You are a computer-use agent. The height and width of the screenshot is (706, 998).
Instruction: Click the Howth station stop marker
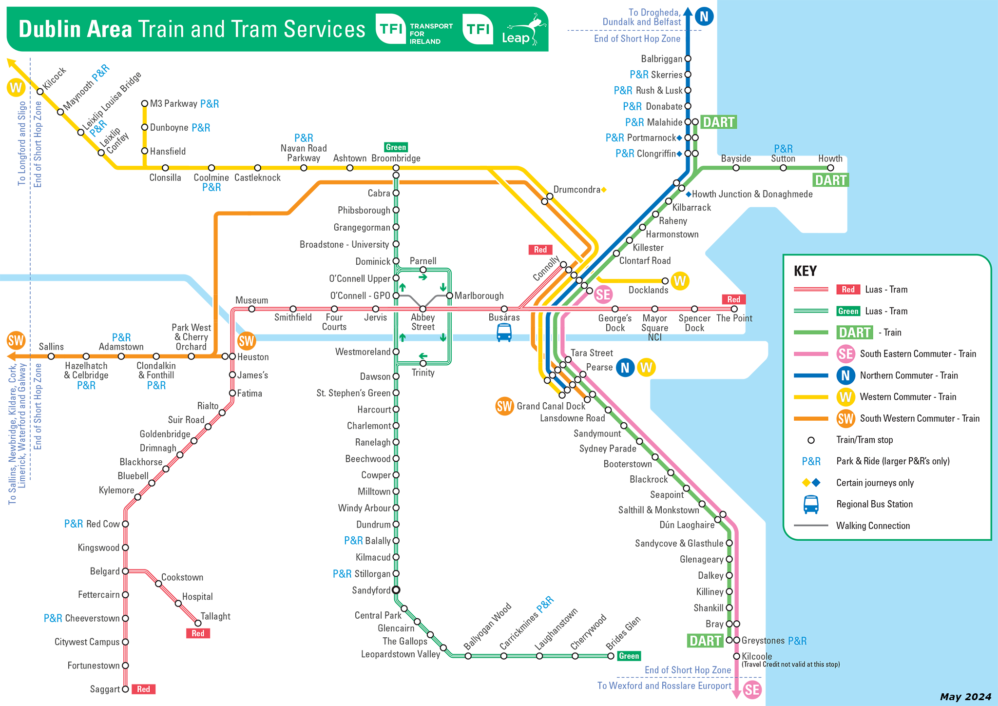coord(830,168)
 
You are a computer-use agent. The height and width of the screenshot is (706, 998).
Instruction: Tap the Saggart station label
coord(105,689)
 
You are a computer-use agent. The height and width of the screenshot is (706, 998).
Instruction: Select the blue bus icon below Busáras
coord(504,333)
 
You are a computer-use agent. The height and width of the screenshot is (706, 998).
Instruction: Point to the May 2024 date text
coord(965,697)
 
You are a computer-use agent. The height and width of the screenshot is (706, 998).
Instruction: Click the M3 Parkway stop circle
coord(145,103)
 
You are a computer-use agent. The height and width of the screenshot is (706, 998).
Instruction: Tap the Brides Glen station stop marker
coord(611,656)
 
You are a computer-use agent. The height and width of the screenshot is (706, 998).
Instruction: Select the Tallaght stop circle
coord(198,623)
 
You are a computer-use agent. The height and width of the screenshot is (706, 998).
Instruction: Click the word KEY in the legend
coord(805,271)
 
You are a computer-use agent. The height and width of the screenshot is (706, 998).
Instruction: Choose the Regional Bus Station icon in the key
coord(811,505)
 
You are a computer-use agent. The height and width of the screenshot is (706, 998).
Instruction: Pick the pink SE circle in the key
coord(846,354)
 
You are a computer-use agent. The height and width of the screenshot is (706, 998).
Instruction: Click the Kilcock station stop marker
coord(40,92)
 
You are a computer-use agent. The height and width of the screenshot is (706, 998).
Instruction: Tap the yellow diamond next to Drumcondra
coord(604,190)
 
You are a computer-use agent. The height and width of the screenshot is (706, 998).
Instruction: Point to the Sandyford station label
coord(371,590)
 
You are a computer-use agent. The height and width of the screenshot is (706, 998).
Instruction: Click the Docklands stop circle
coord(665,281)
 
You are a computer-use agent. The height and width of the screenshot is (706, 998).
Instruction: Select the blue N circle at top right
coord(704,17)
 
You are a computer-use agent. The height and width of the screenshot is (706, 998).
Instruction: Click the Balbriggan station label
coord(661,59)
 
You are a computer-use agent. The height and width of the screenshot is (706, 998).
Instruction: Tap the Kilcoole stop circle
coord(737,656)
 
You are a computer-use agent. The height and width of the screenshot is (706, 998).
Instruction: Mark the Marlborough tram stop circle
coord(450,295)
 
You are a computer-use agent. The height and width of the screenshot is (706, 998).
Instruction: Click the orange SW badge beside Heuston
coord(247,341)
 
